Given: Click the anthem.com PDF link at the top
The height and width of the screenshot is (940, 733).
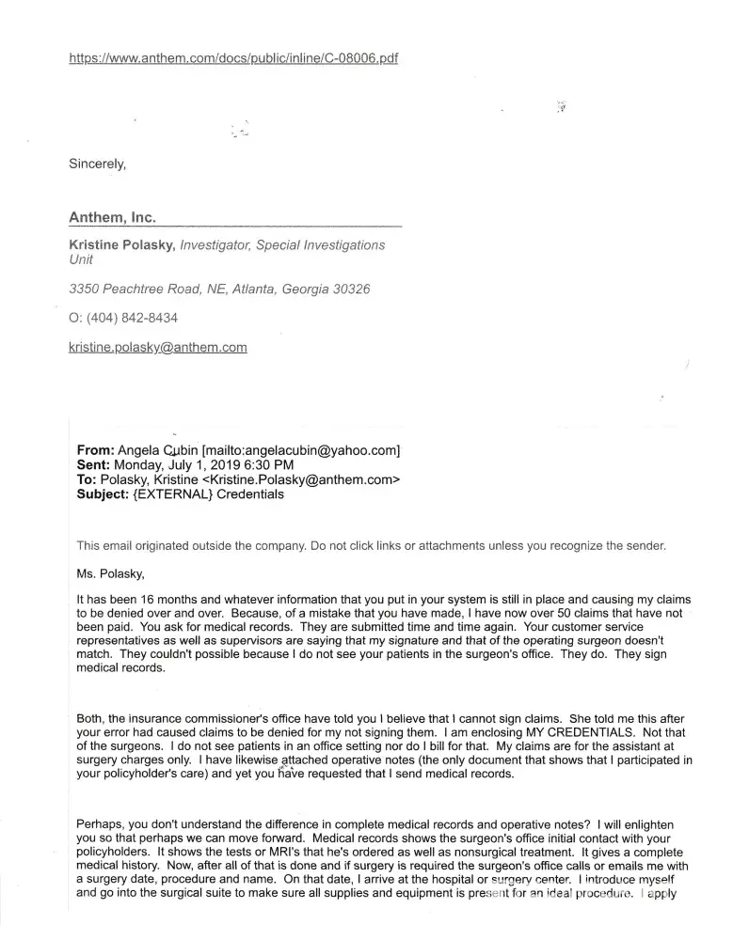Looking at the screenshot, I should point(233,58).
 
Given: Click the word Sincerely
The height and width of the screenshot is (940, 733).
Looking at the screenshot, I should point(97,164).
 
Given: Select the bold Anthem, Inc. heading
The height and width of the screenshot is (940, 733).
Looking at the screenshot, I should point(112,217).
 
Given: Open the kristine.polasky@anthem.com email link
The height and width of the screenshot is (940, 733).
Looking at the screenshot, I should point(158,347).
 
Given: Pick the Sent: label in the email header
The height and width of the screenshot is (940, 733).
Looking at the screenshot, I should point(93,464).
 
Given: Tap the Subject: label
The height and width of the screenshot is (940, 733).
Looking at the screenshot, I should point(102,493).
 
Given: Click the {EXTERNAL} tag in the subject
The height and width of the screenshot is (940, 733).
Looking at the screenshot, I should point(173,493).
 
